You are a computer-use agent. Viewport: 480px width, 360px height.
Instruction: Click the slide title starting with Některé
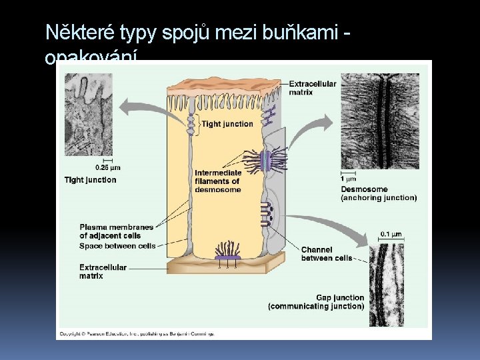tap(198, 32)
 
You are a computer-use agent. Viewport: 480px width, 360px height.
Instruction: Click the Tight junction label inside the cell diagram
tap(227, 124)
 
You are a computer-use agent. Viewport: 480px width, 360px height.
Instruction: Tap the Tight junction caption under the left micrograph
tap(90, 180)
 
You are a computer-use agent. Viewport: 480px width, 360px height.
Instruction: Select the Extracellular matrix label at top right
tap(313, 88)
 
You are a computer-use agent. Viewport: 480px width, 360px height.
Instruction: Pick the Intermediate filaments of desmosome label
tap(218, 181)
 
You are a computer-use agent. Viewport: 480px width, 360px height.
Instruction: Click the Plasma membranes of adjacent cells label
tap(116, 231)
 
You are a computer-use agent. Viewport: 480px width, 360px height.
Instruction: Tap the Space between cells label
tap(117, 246)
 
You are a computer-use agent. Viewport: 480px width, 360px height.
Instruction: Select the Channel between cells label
tap(327, 254)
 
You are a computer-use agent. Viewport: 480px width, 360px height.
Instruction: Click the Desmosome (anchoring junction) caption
tap(379, 193)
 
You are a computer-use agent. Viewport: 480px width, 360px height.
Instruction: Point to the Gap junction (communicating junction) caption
tap(316, 302)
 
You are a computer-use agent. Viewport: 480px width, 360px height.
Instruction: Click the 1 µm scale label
tap(349, 179)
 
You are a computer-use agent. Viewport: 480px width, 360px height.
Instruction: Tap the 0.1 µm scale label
tap(391, 234)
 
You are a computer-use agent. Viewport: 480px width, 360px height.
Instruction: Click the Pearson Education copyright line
tap(137, 332)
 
